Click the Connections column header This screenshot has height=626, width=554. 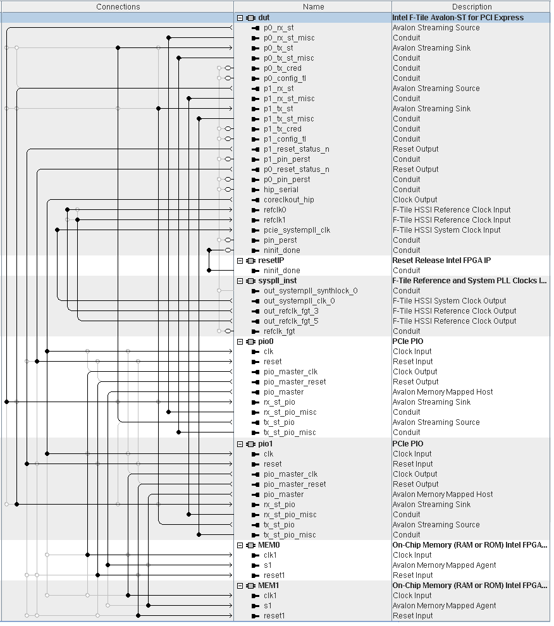point(118,6)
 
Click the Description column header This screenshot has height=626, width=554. point(472,6)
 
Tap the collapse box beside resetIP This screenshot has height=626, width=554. point(240,261)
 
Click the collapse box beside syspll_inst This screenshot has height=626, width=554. point(240,281)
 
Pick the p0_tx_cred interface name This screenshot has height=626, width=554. point(282,68)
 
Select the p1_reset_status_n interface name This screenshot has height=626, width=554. point(296,149)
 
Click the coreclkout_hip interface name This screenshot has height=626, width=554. point(288,200)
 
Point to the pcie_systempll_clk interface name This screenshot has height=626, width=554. point(297,230)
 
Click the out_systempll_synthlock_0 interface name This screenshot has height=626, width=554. point(310,291)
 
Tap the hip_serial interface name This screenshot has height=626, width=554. point(281,190)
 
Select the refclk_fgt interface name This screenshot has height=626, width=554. point(279,331)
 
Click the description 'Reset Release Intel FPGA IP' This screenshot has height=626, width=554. point(441,261)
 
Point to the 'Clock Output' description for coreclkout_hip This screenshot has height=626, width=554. point(415,200)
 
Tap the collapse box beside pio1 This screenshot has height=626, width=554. point(240,444)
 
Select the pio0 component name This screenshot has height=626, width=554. point(266,341)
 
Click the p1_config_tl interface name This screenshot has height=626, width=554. point(285,139)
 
